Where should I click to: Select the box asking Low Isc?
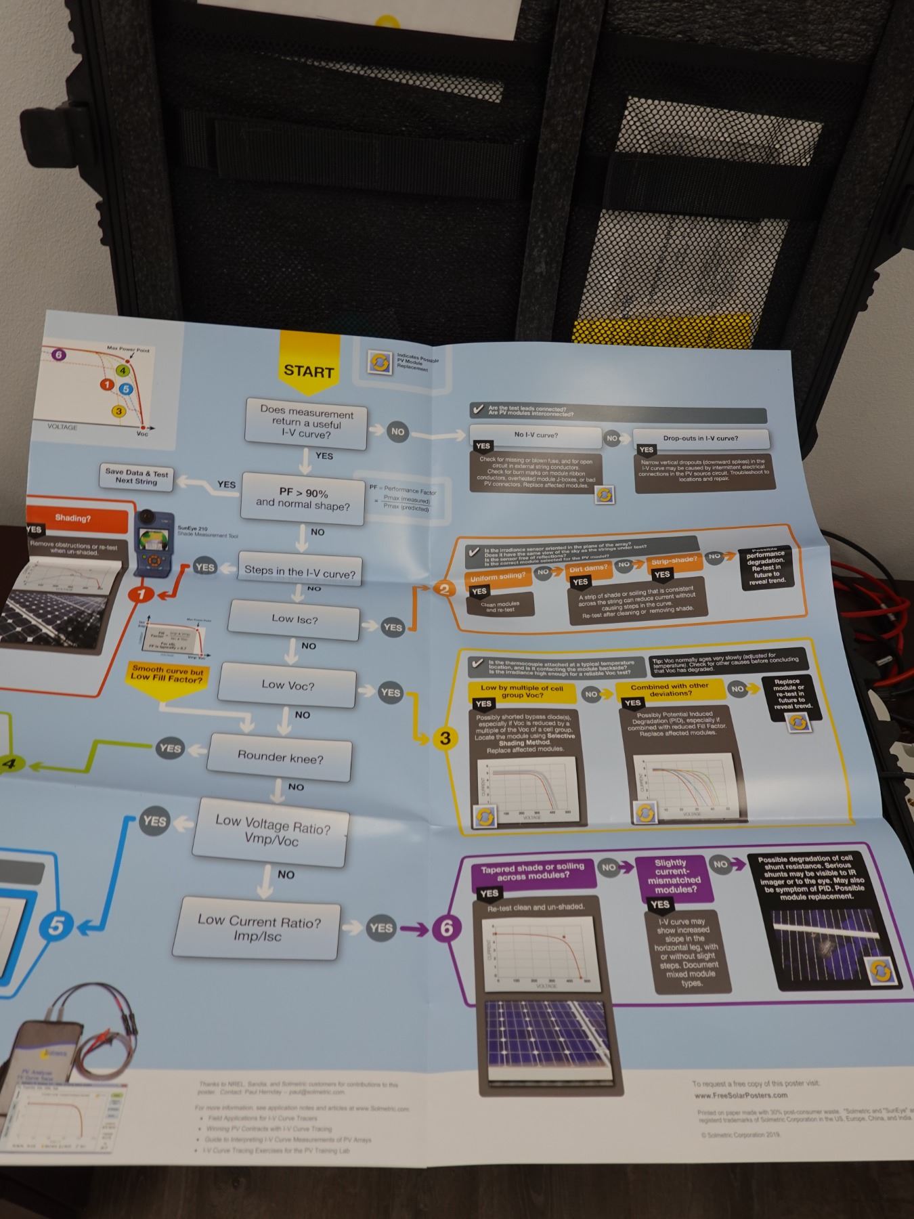click(x=295, y=619)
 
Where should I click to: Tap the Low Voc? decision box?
click(x=288, y=685)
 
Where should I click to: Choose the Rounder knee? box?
click(x=280, y=756)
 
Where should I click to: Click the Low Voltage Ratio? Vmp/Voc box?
click(x=272, y=832)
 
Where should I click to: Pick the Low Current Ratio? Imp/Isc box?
click(x=258, y=928)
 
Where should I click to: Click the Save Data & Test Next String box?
click(x=136, y=477)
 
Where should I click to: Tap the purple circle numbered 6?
click(x=446, y=928)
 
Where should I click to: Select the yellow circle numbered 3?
click(x=445, y=739)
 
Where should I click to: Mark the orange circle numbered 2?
click(x=444, y=589)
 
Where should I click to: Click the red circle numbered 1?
click(x=142, y=595)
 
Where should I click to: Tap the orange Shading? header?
click(x=73, y=519)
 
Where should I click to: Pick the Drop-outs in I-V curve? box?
click(x=700, y=438)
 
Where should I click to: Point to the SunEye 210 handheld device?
click(x=155, y=542)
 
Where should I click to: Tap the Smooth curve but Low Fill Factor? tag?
click(x=167, y=675)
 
